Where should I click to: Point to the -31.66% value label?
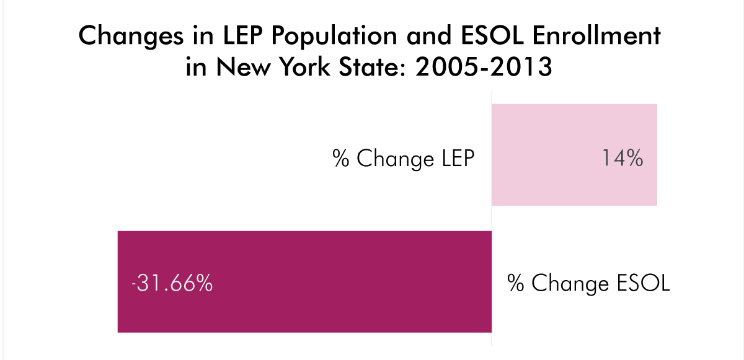(x=172, y=284)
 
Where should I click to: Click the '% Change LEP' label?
(x=403, y=159)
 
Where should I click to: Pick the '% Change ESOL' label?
(x=589, y=284)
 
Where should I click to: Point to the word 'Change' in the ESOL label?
(x=561, y=284)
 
